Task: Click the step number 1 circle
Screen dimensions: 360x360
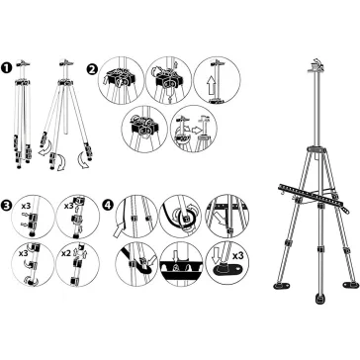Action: coord(7,68)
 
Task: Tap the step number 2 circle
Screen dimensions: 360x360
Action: coord(93,69)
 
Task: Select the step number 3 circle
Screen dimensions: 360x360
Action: coord(6,205)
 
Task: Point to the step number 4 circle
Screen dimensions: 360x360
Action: coord(108,205)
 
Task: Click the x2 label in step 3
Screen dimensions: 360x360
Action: coord(66,254)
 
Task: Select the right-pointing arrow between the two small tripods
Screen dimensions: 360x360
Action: coord(197,131)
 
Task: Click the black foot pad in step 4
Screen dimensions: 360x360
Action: coord(227,270)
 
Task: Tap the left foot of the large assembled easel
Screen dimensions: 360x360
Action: coord(281,285)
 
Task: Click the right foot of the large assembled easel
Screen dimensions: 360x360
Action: coord(350,285)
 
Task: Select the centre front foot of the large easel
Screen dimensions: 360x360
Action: coord(319,299)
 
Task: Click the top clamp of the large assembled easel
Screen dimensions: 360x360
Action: coord(315,65)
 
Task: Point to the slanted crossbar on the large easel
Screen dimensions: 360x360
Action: coord(313,198)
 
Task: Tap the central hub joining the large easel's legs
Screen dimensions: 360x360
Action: coord(316,149)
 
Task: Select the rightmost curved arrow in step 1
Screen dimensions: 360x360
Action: coord(82,160)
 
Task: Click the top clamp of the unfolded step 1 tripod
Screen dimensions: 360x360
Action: coord(66,62)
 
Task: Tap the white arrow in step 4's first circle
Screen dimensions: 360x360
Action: coord(119,229)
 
